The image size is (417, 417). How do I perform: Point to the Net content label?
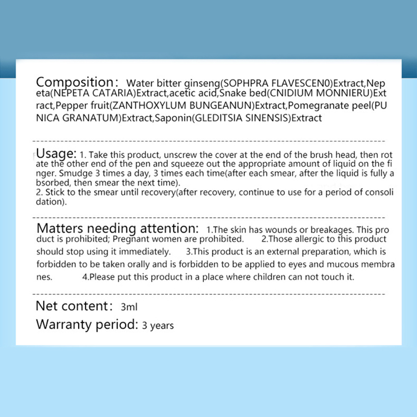(x=72, y=306)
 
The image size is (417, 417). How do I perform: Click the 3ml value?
(x=129, y=308)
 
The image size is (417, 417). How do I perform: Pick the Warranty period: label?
(x=87, y=324)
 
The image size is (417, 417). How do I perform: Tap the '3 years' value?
(x=158, y=325)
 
